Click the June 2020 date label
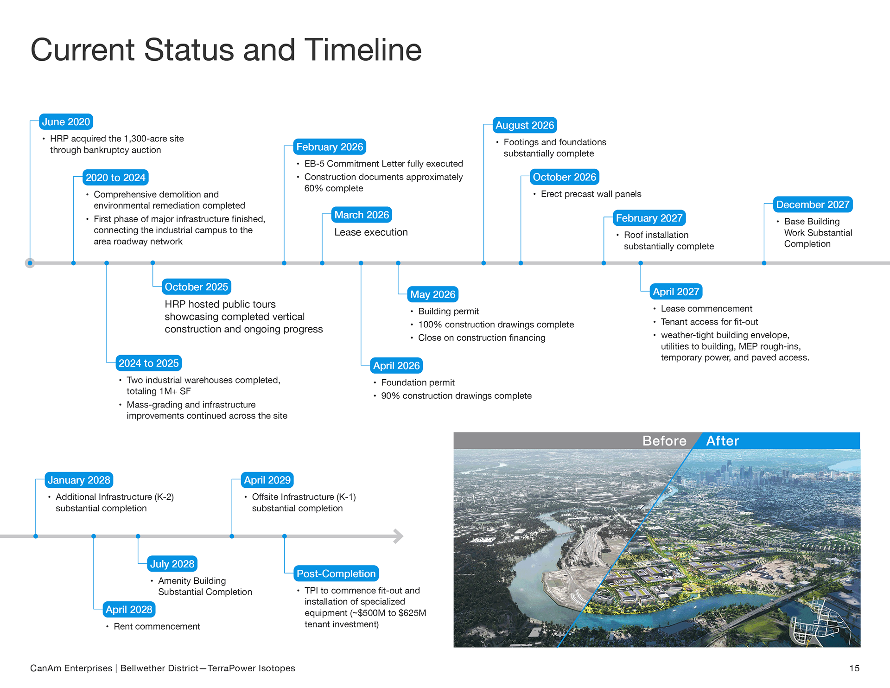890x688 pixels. tap(66, 122)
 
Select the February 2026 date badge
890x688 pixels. tap(330, 147)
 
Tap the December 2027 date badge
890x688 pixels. tap(813, 204)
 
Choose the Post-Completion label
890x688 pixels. tap(336, 573)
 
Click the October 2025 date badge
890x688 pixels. tap(197, 287)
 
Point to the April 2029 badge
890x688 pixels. tap(267, 480)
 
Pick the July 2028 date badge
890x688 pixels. tap(172, 564)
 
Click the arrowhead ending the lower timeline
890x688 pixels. tap(399, 536)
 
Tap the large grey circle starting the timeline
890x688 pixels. tap(30, 263)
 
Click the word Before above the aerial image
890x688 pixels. tap(664, 441)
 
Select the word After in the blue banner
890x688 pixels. tap(722, 441)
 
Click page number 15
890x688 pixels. tap(854, 668)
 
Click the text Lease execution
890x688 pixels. tap(371, 232)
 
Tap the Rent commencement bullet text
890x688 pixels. tap(157, 626)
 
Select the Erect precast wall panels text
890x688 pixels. tap(591, 194)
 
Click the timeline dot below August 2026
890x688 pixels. tap(483, 263)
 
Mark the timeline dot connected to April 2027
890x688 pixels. tap(641, 263)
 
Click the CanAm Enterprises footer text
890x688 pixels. tap(71, 668)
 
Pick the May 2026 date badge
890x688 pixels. tap(432, 294)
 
